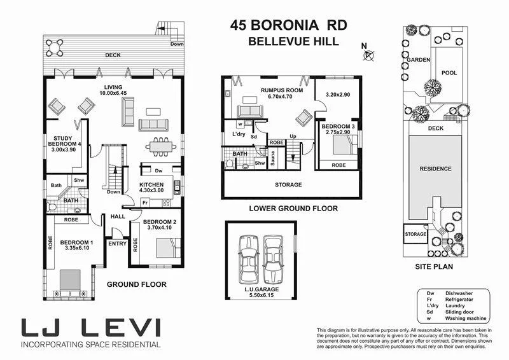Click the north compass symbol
click(x=368, y=55)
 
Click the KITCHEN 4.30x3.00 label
click(x=151, y=186)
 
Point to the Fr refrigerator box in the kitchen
click(x=146, y=202)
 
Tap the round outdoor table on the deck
click(x=55, y=47)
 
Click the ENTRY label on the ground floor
click(x=117, y=244)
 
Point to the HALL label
click(x=118, y=216)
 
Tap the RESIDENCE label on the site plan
click(x=435, y=169)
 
